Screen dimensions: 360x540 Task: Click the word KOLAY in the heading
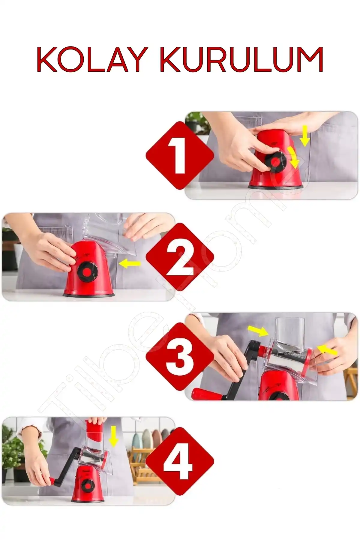click(91, 59)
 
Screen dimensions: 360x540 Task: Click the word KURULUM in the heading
click(241, 59)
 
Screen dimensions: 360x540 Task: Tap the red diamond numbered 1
click(180, 155)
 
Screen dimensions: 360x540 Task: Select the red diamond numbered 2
click(180, 257)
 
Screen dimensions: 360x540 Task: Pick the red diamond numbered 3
click(180, 356)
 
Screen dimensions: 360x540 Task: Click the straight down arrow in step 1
click(305, 136)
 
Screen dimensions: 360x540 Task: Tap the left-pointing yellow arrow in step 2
click(130, 264)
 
